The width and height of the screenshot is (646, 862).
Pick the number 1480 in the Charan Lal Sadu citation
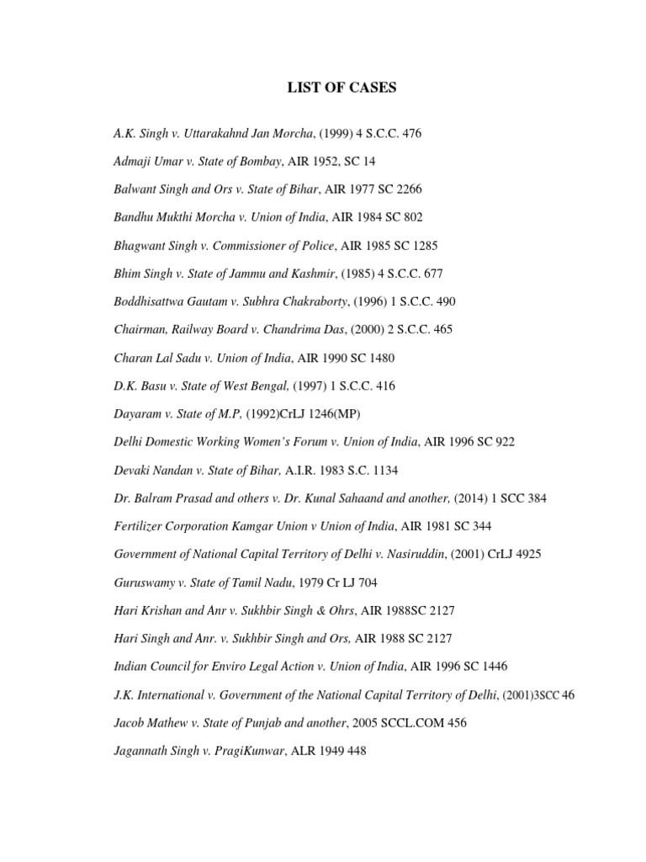tap(379, 358)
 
